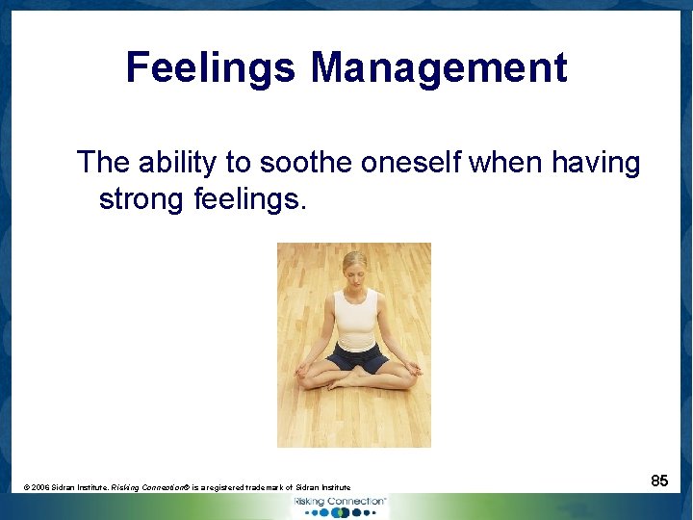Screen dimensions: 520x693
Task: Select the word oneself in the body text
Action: [412, 163]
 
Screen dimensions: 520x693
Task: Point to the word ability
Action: [177, 163]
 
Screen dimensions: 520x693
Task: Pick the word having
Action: [596, 163]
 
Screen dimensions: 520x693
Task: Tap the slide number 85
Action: [659, 480]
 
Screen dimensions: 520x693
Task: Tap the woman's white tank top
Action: [355, 318]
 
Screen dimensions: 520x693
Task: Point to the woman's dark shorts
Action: [357, 357]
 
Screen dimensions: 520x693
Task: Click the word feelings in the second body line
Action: [251, 199]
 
